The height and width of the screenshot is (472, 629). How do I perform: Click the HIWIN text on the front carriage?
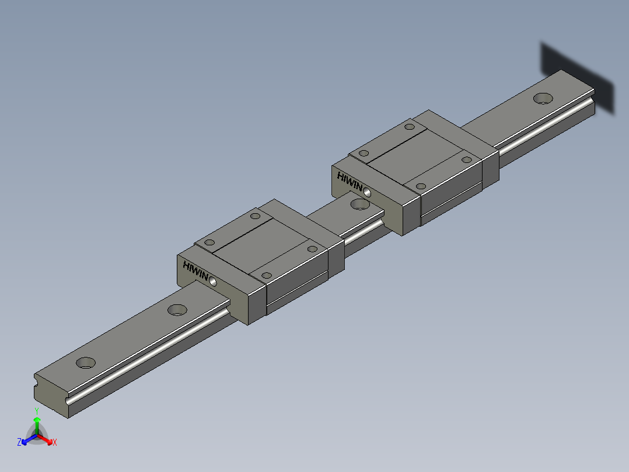(195, 270)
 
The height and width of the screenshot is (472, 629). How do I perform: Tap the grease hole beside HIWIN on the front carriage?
(212, 282)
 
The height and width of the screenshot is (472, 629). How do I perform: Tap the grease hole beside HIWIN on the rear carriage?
(368, 191)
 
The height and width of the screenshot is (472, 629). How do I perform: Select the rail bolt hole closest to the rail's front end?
(86, 362)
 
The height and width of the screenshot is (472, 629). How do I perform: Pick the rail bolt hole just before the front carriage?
(177, 310)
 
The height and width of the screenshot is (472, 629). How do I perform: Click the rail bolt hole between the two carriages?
(360, 204)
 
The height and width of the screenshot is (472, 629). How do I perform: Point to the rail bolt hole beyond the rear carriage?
(543, 98)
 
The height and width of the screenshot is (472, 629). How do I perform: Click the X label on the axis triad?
(55, 443)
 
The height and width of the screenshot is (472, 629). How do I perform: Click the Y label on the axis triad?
(36, 411)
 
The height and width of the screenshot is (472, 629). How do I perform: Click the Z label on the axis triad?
(19, 443)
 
